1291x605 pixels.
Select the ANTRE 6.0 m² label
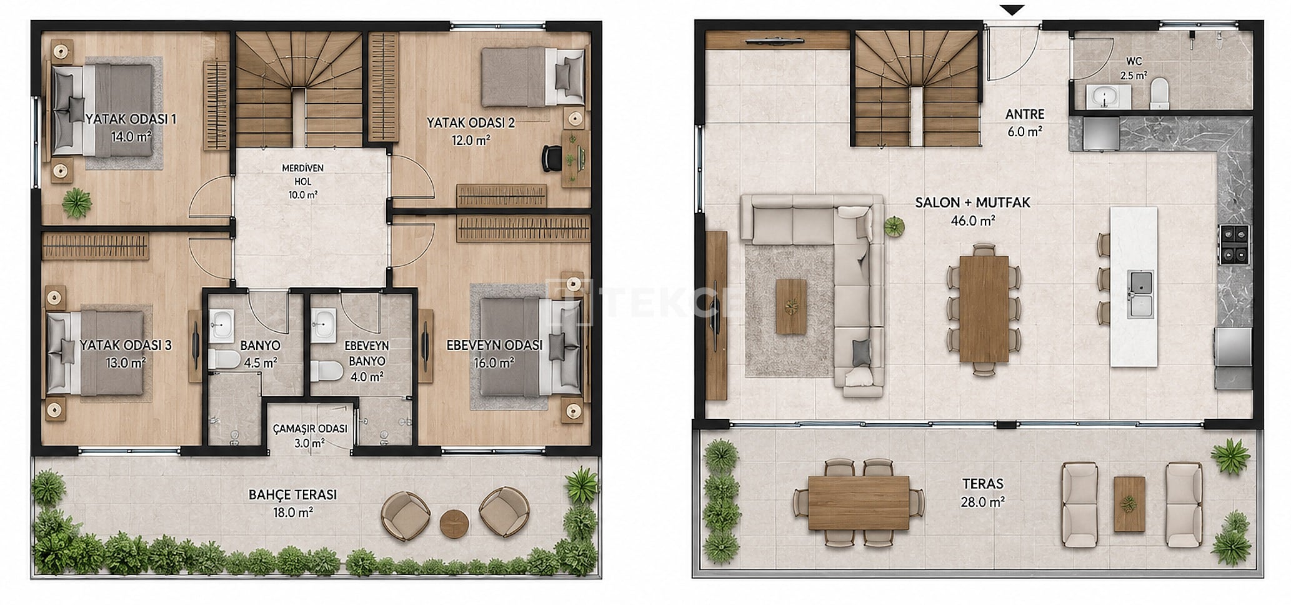click(x=1025, y=123)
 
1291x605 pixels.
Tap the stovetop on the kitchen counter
click(x=1234, y=245)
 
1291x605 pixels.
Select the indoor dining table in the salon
click(x=984, y=308)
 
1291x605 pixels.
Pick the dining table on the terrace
click(x=859, y=502)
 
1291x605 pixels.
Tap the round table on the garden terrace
click(x=454, y=523)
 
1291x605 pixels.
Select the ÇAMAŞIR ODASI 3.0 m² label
click(x=310, y=436)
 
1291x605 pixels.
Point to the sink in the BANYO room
click(x=221, y=322)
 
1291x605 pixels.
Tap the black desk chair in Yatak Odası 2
click(x=552, y=157)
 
